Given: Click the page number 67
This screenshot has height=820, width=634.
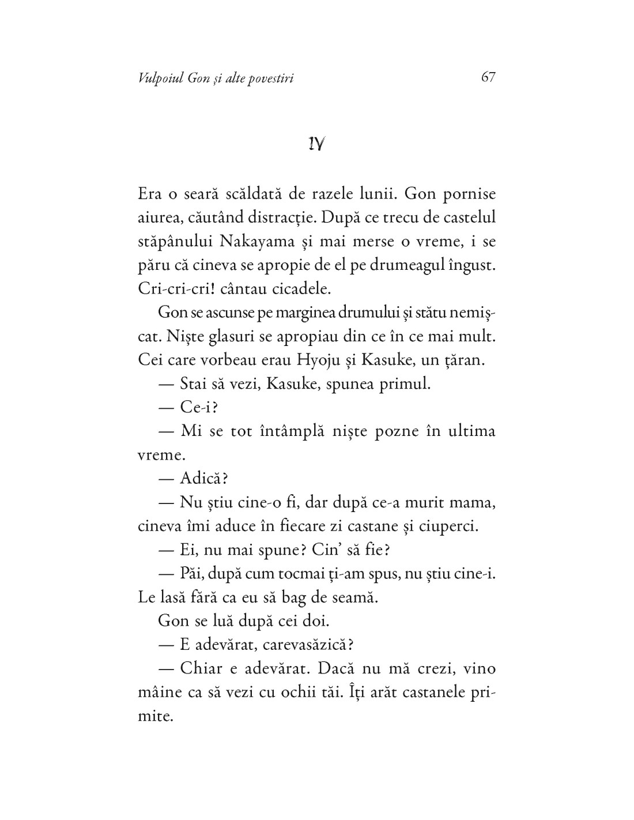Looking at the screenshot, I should pos(488,77).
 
